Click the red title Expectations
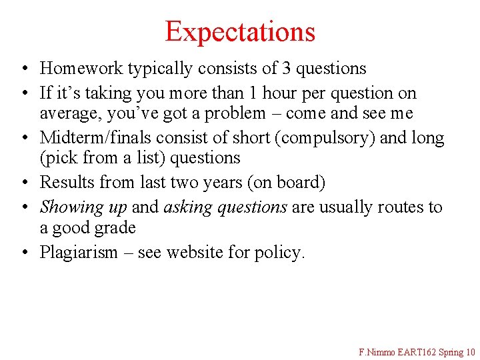tap(240, 31)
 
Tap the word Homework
tap(81, 68)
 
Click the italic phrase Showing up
tap(83, 207)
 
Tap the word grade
tap(113, 228)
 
